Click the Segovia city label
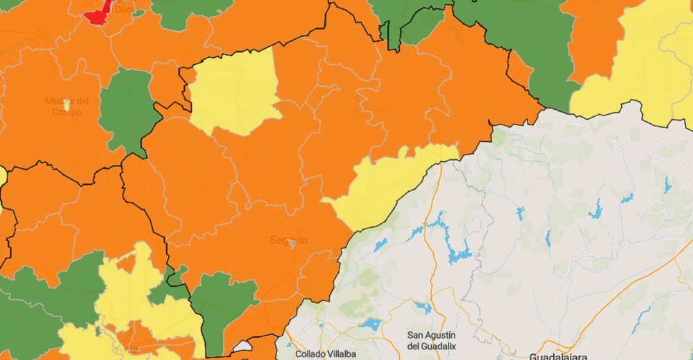tap(288, 241)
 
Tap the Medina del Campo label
tap(67, 107)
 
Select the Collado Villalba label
tap(325, 353)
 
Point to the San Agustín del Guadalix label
tap(431, 340)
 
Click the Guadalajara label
tap(558, 356)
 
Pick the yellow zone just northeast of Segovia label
tap(385, 186)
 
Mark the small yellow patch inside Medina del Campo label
tap(67, 105)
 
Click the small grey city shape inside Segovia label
tap(293, 243)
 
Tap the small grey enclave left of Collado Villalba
tap(243, 347)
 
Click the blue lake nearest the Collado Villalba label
tap(370, 325)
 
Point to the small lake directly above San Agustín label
tap(424, 307)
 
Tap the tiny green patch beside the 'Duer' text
tap(139, 13)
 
